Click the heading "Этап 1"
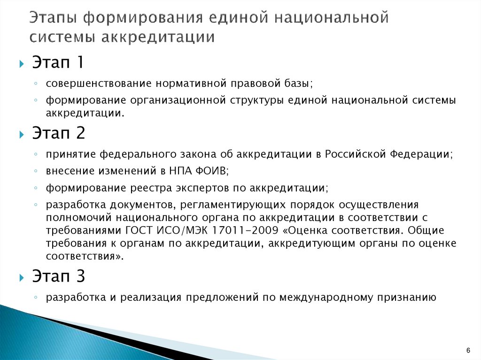[x=58, y=62]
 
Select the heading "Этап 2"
[x=59, y=134]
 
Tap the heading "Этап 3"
[x=59, y=276]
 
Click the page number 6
[x=468, y=351]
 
